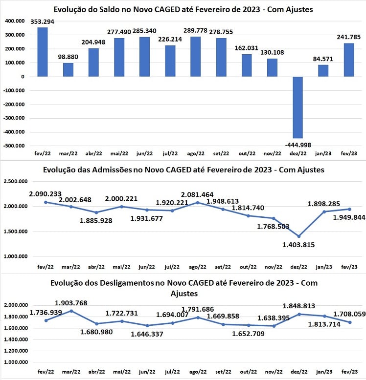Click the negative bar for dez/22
298,107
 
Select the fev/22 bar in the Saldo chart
43,52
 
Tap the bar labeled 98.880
68,70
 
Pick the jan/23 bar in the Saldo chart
323,71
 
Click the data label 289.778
195,31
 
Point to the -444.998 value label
298,145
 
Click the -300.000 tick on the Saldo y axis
14,118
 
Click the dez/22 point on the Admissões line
299,236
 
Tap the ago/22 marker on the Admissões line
198,203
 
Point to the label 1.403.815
298,245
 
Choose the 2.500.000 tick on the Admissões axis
16,181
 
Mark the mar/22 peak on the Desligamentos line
71,311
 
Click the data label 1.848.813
299,306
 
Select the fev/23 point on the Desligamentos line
350,322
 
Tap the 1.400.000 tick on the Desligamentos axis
16,339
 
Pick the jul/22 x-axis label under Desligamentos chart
172,372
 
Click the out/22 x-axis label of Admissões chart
248,267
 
